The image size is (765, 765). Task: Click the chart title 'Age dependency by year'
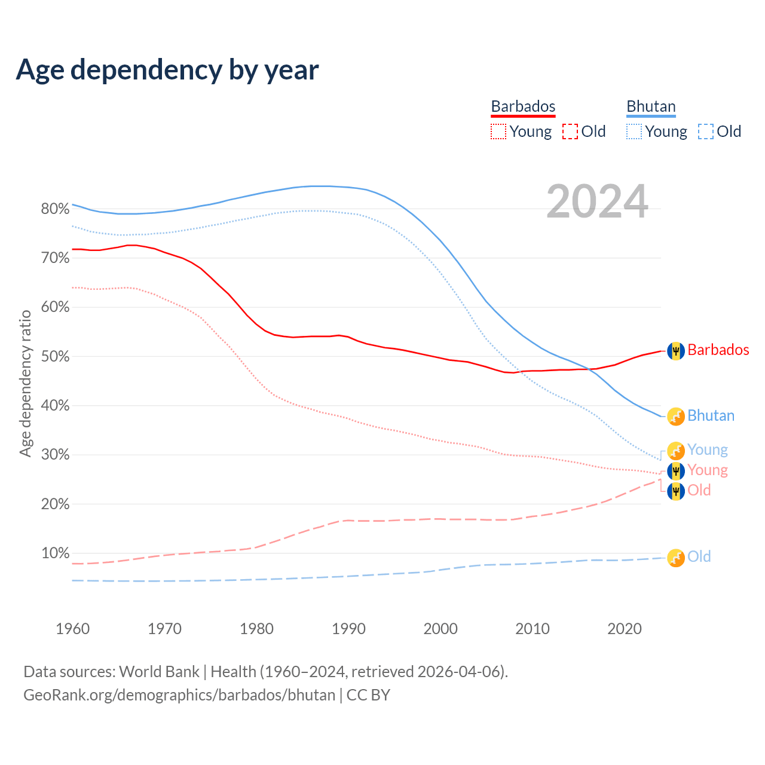click(x=167, y=70)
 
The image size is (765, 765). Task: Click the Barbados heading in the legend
click(x=523, y=106)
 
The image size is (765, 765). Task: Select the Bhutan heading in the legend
click(x=651, y=106)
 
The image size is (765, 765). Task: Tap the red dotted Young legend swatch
click(x=498, y=131)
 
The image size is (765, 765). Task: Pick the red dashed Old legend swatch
click(x=570, y=131)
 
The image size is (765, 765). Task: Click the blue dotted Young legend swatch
click(x=634, y=131)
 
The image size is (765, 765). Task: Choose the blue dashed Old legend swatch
click(x=706, y=131)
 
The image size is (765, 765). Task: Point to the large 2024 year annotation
click(x=597, y=202)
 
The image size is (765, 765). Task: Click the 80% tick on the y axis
click(x=55, y=209)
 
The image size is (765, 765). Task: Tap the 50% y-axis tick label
click(x=55, y=357)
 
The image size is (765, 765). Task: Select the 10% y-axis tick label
click(x=55, y=553)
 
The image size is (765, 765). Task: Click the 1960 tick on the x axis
click(x=72, y=629)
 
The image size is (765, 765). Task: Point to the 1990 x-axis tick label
click(x=348, y=629)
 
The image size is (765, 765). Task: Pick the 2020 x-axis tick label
click(x=625, y=629)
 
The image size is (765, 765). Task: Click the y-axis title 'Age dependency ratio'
click(x=25, y=383)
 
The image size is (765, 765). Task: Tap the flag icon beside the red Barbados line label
click(x=675, y=351)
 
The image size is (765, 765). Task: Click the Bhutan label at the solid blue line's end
click(x=711, y=416)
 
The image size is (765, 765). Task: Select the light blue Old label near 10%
click(x=699, y=557)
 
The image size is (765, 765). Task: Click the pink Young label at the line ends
click(x=707, y=470)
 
